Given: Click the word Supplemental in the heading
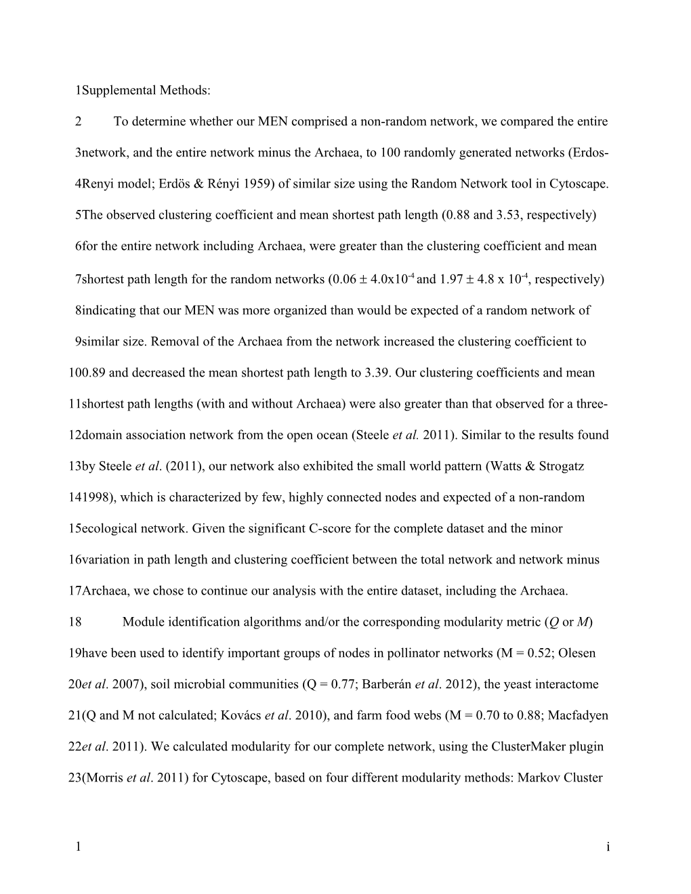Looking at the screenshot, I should coord(110,90).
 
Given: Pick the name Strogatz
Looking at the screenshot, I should coord(562,466).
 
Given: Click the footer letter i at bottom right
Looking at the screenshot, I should coord(608,846).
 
